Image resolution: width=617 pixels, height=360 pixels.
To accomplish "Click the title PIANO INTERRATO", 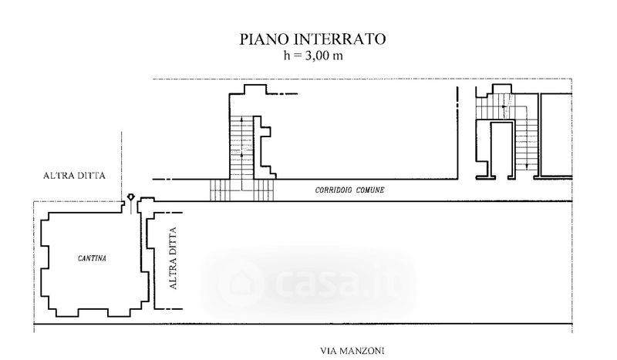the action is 312,39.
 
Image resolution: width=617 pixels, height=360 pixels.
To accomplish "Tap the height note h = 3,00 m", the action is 313,56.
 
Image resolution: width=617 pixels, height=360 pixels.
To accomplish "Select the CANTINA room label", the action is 92,258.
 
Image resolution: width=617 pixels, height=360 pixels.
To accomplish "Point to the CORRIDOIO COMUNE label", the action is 349,190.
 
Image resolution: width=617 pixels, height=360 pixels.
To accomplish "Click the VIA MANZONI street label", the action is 352,351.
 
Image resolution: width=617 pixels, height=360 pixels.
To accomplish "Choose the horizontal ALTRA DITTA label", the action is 74,176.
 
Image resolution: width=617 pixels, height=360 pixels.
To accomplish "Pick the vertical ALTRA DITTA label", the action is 173,258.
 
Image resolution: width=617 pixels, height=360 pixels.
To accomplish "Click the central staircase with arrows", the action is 241,147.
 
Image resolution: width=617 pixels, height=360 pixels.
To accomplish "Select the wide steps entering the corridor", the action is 241,190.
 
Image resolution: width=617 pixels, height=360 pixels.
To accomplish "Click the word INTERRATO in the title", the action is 339,39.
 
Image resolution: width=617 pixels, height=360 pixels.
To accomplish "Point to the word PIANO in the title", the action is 265,39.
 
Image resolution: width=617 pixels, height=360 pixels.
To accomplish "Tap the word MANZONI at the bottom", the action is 362,351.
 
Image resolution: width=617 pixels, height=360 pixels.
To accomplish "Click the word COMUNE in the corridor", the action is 370,190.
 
